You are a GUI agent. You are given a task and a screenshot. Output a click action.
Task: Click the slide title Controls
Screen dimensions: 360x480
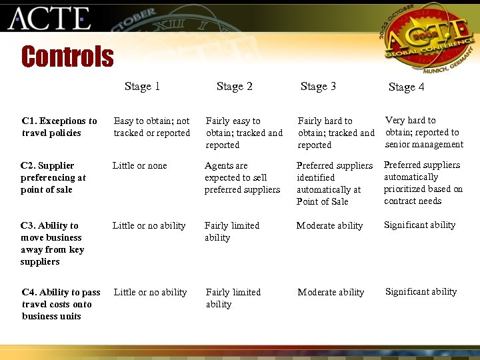click(67, 57)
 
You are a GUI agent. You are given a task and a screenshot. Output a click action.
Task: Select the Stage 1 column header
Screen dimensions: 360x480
click(142, 86)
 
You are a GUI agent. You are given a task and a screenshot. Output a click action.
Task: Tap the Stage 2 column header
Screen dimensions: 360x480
click(235, 86)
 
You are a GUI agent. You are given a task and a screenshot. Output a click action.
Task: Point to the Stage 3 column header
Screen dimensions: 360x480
click(318, 86)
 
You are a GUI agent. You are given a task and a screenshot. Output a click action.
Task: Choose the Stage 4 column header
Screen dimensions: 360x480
click(406, 87)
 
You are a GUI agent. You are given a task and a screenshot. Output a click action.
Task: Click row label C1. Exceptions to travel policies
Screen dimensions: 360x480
click(59, 127)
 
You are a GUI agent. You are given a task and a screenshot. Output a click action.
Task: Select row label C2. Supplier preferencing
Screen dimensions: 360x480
click(53, 177)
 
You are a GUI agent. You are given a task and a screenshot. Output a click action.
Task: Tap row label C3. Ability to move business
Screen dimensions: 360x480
click(51, 243)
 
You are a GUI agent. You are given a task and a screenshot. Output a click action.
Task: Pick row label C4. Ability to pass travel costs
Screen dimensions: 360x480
click(61, 304)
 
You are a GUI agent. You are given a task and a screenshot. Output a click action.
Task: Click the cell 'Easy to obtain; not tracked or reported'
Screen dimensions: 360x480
click(151, 127)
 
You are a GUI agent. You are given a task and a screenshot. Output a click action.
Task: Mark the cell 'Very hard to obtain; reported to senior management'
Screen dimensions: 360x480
click(424, 132)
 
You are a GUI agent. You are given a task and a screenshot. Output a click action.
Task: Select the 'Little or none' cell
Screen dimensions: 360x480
click(139, 165)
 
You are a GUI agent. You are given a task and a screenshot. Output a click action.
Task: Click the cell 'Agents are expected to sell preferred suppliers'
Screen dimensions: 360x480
click(242, 177)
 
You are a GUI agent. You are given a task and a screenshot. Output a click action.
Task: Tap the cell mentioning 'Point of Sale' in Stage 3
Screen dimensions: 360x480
click(334, 183)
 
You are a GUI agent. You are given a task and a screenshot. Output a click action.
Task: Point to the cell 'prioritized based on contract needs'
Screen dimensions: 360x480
click(423, 183)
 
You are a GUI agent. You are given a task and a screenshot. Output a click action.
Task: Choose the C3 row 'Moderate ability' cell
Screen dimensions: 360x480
click(329, 225)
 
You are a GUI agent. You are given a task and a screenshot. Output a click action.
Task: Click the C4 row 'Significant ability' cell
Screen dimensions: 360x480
click(421, 291)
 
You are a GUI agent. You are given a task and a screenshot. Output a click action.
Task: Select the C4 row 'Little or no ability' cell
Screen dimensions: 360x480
click(150, 292)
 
